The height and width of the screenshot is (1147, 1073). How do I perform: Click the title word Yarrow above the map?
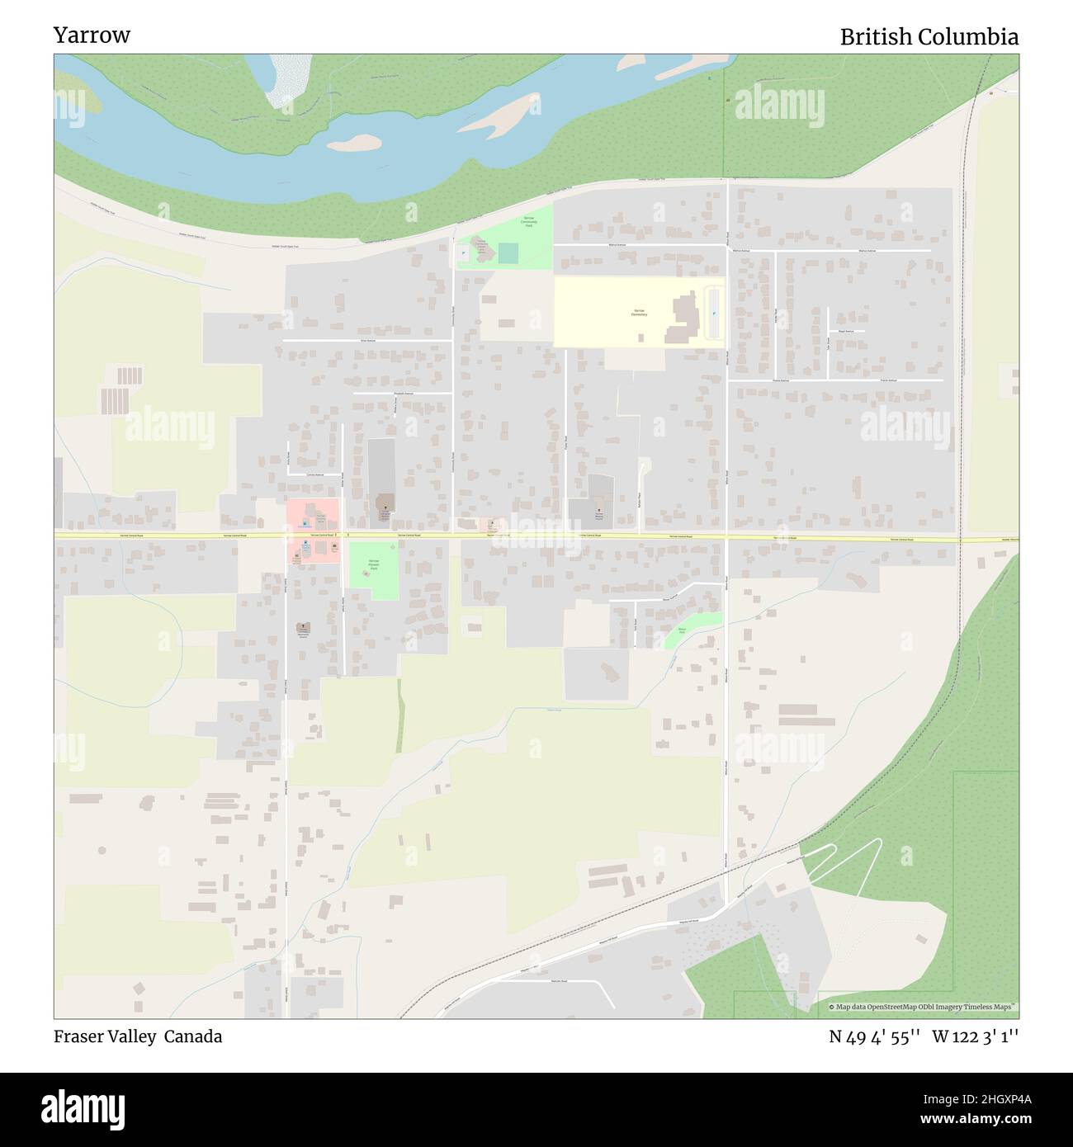(92, 35)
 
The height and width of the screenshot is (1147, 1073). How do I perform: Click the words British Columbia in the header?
(929, 37)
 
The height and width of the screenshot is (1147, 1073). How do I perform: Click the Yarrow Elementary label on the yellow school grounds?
(640, 313)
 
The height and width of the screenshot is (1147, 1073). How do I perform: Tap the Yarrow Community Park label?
(528, 222)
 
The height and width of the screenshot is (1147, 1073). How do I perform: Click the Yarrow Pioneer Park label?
(373, 564)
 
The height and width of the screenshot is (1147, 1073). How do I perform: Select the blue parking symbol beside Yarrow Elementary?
(714, 314)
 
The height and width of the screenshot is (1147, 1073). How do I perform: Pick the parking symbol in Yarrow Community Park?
(464, 252)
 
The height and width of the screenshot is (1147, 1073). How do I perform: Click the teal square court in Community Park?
(508, 253)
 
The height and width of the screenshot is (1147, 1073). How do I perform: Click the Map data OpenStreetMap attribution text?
(923, 1007)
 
